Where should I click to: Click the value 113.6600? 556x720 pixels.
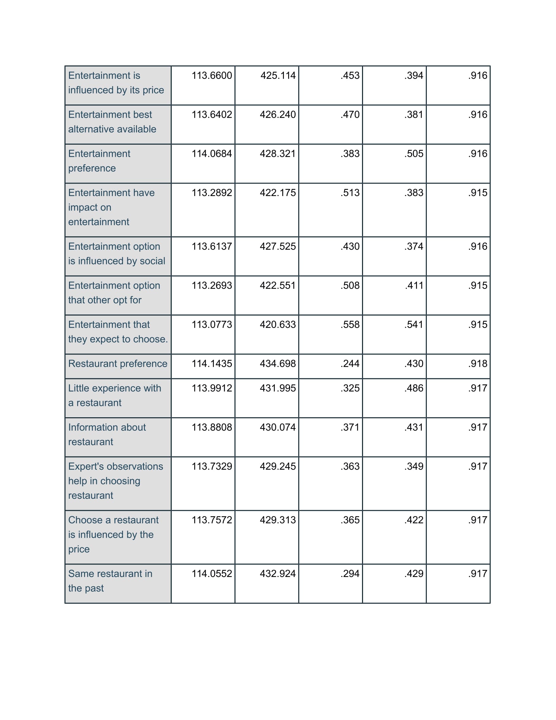coord(212,76)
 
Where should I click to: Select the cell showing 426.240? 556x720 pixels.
coord(278,115)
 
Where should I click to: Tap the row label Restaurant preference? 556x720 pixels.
coord(118,363)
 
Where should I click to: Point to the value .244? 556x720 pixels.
coord(350,363)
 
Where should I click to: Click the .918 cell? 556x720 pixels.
coord(478,363)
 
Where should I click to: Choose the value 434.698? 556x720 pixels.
coord(278,363)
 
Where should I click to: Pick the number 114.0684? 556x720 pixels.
coord(212,153)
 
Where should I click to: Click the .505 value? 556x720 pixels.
coord(414,153)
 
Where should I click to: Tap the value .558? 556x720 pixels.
coord(350,324)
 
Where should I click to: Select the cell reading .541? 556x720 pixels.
coord(414,324)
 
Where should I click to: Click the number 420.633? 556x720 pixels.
coord(278,324)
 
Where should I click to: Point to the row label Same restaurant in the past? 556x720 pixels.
coord(110,581)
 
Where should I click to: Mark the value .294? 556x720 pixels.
coord(350,573)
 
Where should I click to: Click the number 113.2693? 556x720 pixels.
coord(212,285)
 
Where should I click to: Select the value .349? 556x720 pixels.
coord(414,466)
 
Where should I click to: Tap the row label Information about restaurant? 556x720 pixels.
coord(107,434)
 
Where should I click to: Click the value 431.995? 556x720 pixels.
coord(278,388)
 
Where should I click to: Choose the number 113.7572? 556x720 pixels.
coord(212,520)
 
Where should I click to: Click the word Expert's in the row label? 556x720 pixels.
coord(86,466)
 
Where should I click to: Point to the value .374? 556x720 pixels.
coord(414,246)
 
